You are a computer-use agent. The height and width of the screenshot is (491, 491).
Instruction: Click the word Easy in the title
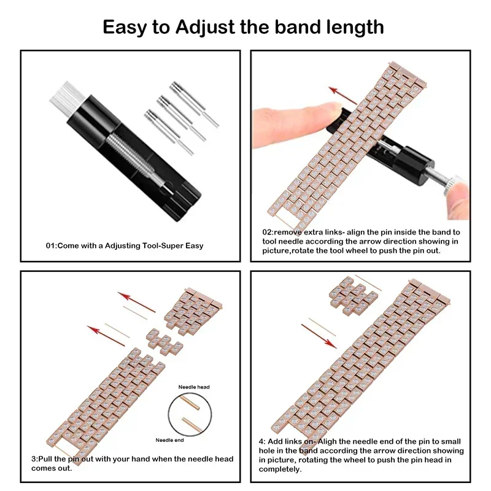point(127,27)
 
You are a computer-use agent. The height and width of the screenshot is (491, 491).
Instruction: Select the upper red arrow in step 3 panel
point(141,301)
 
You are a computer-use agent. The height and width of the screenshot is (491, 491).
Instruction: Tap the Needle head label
point(194,387)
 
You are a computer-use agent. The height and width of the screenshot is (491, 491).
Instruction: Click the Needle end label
point(170,440)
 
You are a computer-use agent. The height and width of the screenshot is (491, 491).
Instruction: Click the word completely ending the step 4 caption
point(279,469)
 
